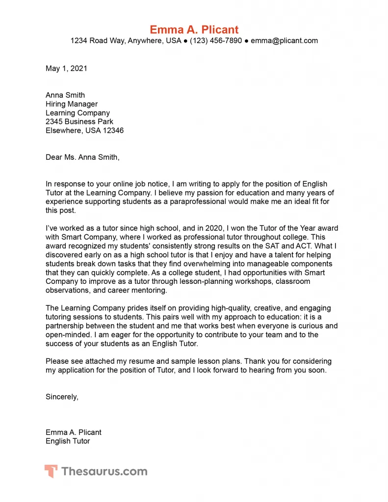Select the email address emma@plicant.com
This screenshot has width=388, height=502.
click(284, 41)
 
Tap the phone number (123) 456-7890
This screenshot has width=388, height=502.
click(216, 41)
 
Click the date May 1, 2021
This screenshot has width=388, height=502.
click(66, 69)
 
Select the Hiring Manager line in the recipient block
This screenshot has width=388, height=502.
click(72, 104)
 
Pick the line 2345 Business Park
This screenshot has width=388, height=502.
click(79, 122)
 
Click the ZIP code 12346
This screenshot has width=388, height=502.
click(112, 130)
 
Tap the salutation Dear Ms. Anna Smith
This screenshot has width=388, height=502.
click(82, 157)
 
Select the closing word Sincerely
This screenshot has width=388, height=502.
click(62, 397)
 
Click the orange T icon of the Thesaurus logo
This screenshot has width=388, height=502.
click(51, 472)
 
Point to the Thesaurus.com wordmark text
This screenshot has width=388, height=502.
click(104, 472)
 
